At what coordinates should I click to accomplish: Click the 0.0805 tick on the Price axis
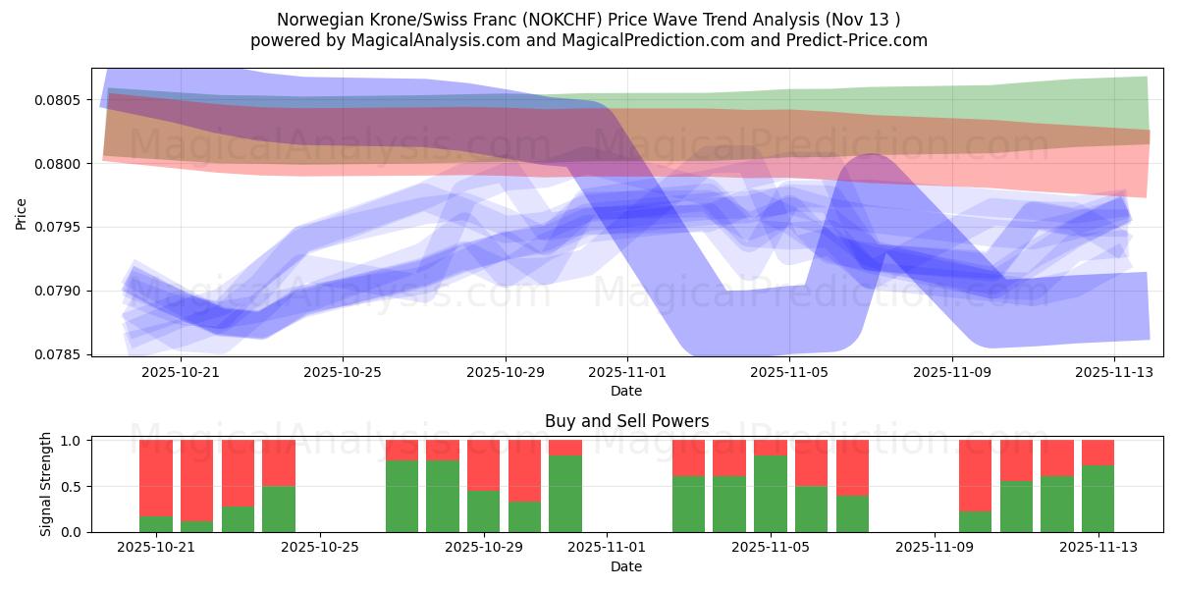pos(61,100)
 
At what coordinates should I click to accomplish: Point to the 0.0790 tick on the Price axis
pos(61,291)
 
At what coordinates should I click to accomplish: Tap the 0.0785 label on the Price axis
pos(61,354)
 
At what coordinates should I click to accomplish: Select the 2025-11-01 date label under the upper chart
pos(627,372)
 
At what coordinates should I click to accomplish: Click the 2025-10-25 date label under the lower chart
pos(321,548)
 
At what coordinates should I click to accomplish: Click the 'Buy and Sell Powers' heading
pos(626,422)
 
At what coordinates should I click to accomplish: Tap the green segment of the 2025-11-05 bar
pos(771,494)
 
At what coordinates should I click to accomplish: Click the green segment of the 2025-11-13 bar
pos(1098,499)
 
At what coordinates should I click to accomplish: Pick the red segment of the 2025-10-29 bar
pos(484,464)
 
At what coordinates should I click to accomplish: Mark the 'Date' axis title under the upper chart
pos(626,391)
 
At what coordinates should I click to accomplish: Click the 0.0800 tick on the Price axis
pos(61,163)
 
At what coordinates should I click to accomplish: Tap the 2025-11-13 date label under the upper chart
pos(1114,372)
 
